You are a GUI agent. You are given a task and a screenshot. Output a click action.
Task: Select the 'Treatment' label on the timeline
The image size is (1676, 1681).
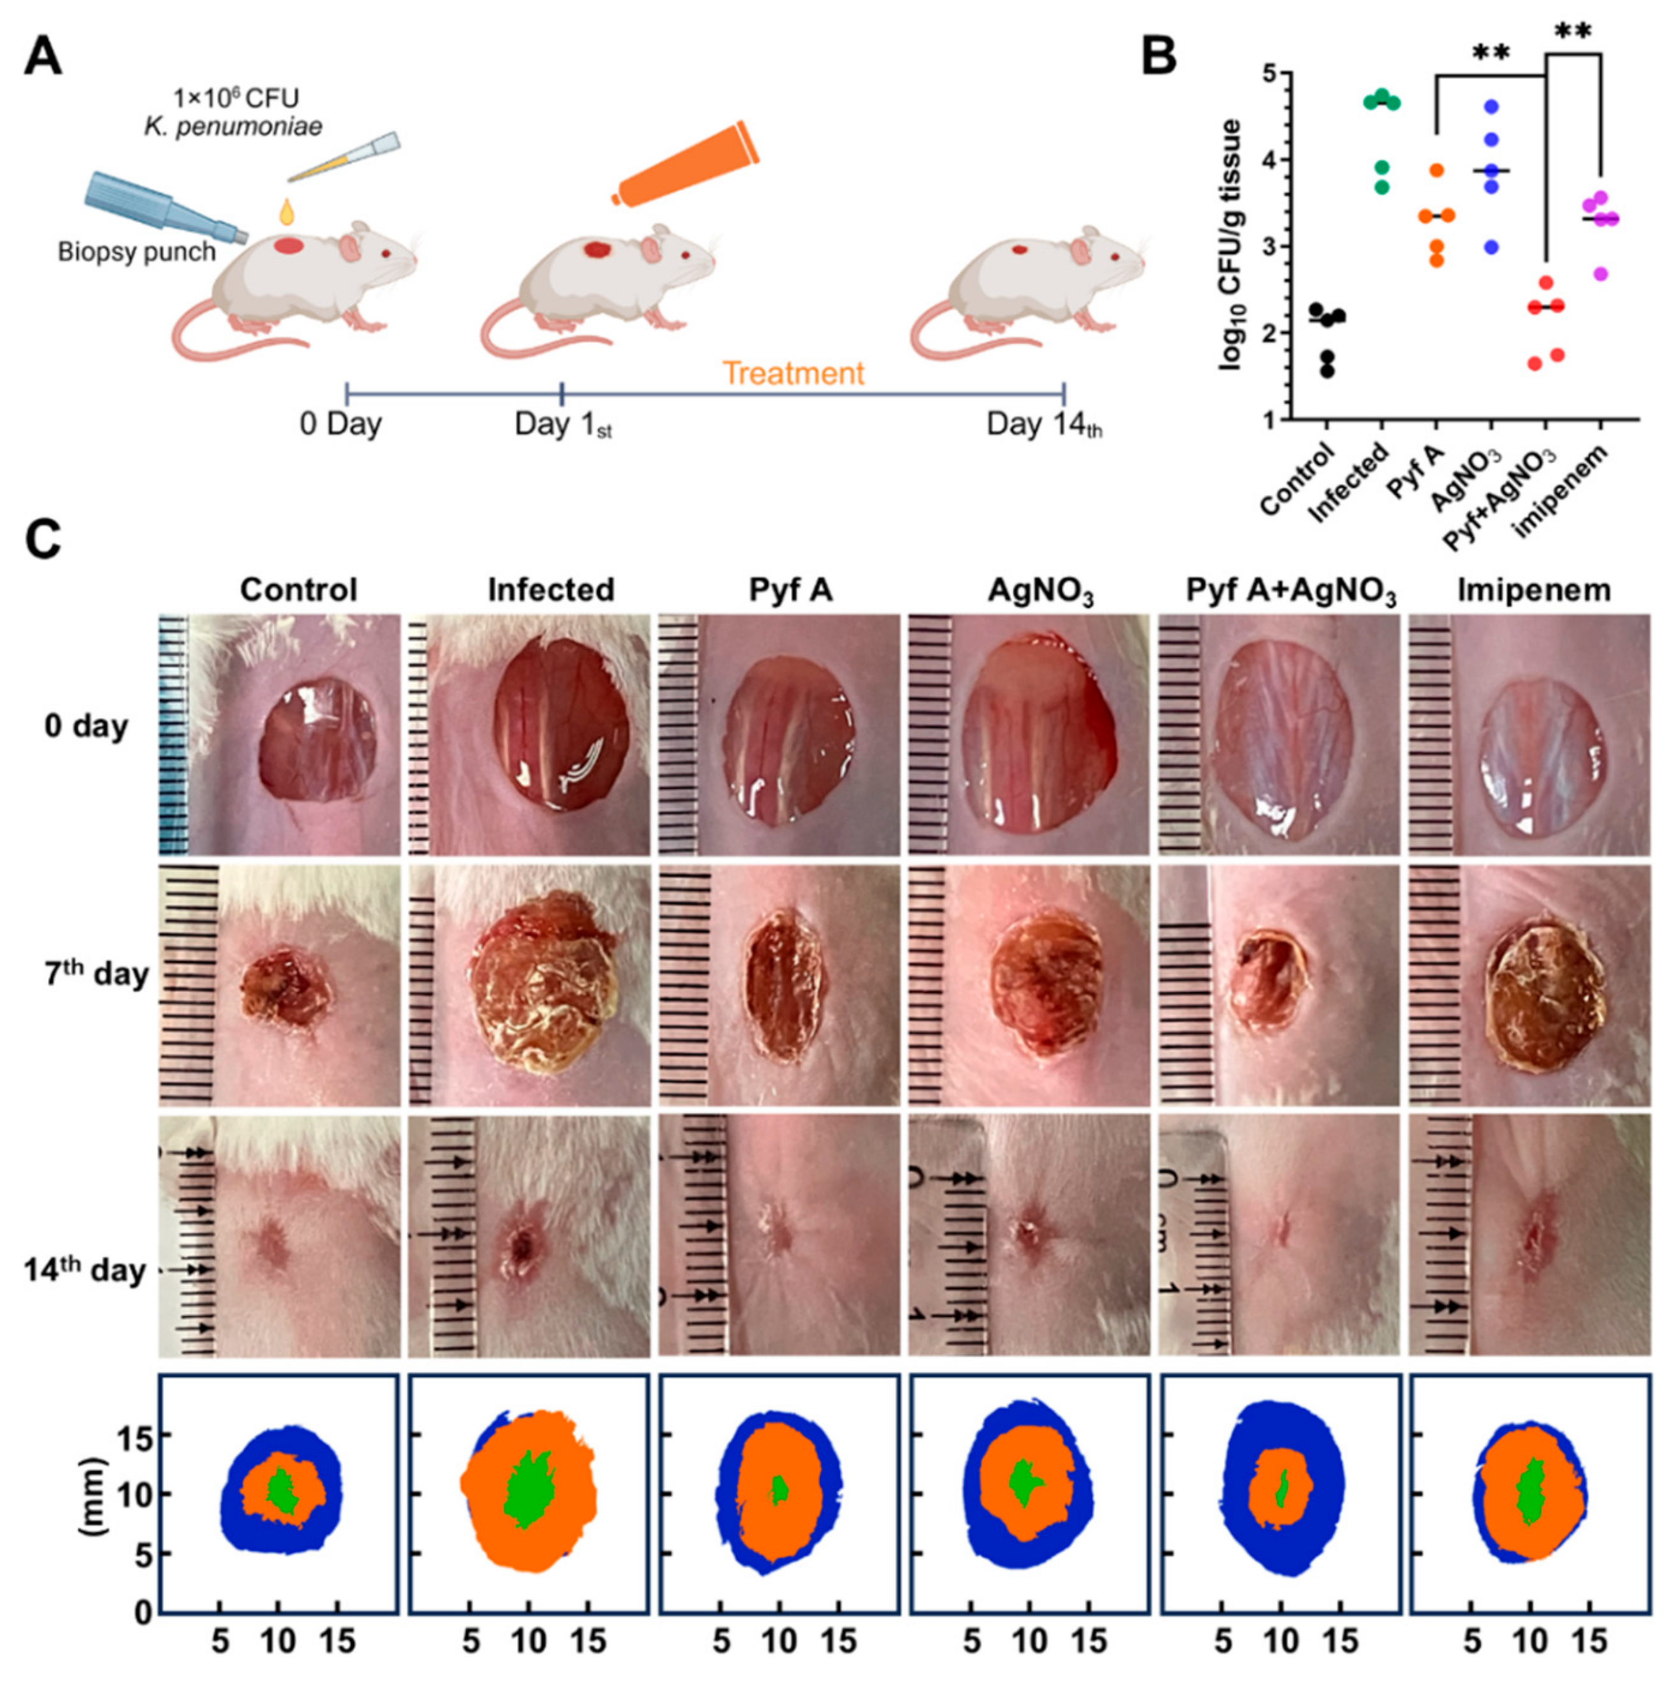793,374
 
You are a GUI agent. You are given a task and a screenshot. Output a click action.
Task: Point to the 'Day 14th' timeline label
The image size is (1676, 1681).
1043,425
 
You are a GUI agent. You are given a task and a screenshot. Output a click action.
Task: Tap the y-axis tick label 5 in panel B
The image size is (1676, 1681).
1270,75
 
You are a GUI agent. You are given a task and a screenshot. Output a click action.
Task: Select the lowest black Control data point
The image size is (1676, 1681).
1327,372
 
